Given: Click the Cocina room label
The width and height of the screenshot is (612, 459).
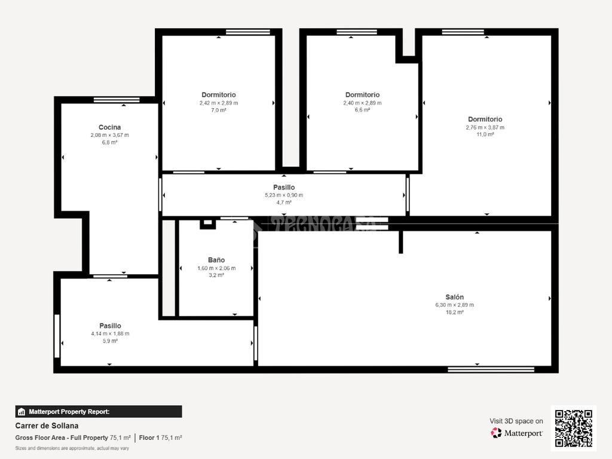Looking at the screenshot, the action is (x=110, y=127).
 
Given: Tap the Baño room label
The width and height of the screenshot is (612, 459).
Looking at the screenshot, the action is (x=216, y=260).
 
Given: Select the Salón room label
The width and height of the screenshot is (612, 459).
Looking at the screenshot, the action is (x=455, y=297).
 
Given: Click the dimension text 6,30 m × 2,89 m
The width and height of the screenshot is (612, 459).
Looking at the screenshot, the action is (x=455, y=305).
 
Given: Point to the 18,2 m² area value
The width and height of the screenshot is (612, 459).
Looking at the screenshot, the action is (x=455, y=312).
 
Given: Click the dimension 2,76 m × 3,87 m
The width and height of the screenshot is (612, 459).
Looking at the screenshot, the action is (x=485, y=127).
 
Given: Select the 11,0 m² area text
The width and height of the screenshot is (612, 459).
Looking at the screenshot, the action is (x=485, y=134).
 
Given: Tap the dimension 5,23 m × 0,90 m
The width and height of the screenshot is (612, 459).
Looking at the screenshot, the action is (x=284, y=195).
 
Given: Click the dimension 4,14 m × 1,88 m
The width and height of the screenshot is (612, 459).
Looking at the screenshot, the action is (x=110, y=333).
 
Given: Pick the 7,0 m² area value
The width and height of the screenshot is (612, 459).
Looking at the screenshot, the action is (x=219, y=110).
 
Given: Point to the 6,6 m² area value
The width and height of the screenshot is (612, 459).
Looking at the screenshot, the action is (x=363, y=110).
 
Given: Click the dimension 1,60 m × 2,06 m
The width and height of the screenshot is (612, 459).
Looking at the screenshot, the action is (x=216, y=268).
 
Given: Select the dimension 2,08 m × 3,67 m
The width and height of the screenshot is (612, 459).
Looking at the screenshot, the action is (x=110, y=135).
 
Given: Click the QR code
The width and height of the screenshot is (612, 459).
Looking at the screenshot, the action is (x=574, y=428).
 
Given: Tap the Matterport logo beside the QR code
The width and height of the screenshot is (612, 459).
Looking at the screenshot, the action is (x=517, y=433).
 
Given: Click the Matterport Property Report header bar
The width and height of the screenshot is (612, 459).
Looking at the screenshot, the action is (x=99, y=412).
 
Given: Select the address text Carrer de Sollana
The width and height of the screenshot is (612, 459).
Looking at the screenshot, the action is (x=47, y=426).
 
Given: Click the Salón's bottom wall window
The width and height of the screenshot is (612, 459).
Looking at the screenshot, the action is (x=491, y=369).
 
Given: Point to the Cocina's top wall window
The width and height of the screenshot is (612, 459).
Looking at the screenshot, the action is (x=117, y=100).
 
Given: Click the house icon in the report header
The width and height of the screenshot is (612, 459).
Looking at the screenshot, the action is (x=22, y=412).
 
